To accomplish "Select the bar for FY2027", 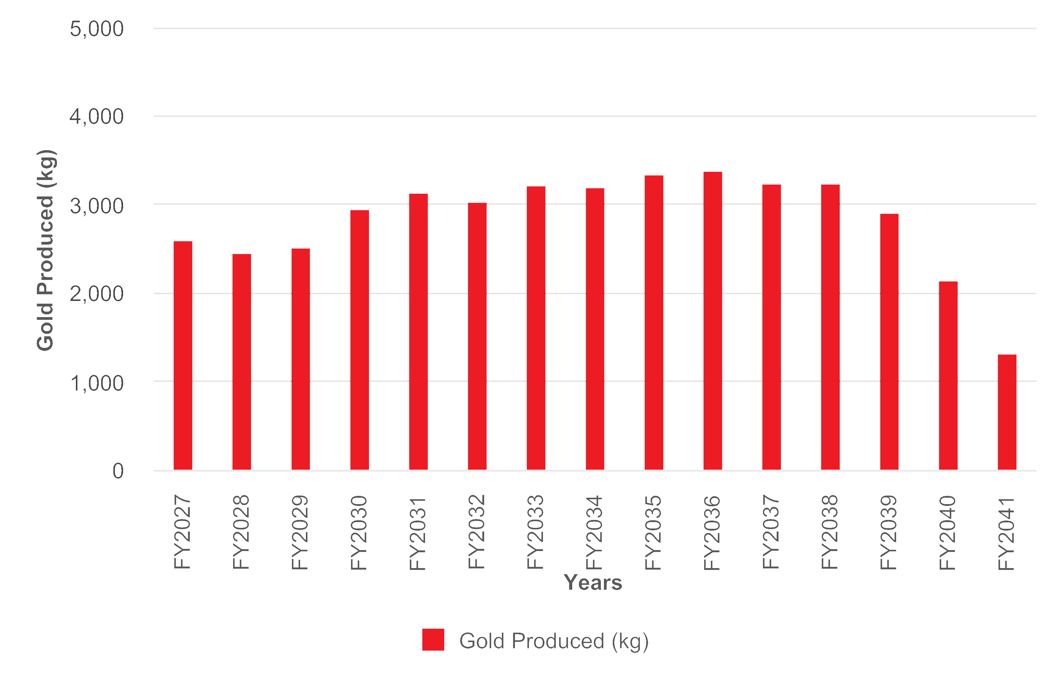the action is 183,356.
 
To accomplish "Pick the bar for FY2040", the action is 948,376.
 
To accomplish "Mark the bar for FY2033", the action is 536,328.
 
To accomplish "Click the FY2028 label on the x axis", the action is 241,532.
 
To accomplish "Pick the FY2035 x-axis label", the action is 653,532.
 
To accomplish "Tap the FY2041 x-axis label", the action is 1006,534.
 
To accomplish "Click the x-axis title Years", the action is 593,583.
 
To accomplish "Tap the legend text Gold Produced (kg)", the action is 554,641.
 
